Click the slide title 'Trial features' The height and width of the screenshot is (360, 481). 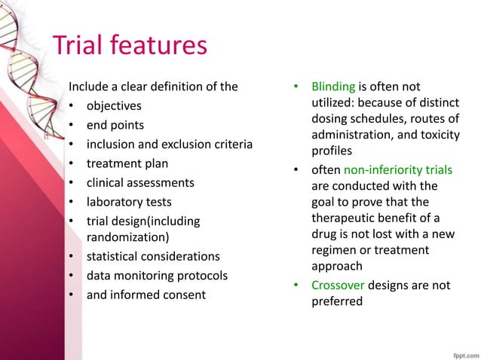tap(129, 46)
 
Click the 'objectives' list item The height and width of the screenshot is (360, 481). tap(114, 105)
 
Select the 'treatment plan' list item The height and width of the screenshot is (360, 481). tap(127, 163)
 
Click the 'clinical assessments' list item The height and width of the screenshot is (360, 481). tap(140, 183)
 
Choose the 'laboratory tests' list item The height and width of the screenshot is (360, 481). tap(129, 202)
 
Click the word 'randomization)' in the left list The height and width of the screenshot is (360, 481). tap(125, 236)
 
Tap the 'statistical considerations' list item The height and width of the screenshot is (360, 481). tap(153, 256)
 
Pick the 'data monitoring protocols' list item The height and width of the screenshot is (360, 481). tap(157, 275)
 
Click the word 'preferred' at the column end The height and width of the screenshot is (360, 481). tap(336, 302)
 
